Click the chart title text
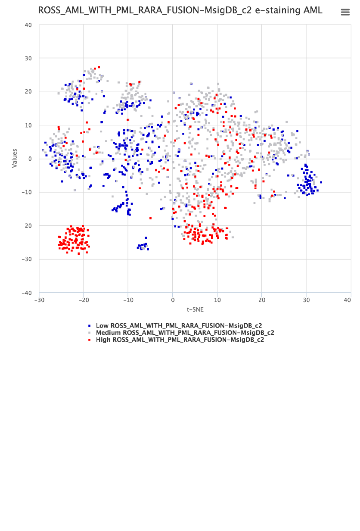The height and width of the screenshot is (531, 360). click(180, 11)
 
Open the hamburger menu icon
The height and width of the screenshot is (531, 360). click(345, 12)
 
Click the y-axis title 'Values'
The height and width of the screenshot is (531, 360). click(15, 158)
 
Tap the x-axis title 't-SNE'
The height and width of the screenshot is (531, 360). click(195, 309)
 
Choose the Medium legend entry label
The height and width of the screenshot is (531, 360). click(185, 333)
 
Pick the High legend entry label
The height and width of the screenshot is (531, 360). click(180, 340)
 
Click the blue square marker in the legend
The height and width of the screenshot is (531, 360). click(89, 326)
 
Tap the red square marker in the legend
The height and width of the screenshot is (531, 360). click(89, 340)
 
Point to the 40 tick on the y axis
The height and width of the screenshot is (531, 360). click(28, 25)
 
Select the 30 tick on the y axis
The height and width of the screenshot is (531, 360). click(28, 58)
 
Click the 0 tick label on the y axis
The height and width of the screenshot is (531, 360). click(30, 159)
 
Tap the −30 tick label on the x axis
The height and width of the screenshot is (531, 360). click(39, 300)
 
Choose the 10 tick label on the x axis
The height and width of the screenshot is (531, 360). click(217, 300)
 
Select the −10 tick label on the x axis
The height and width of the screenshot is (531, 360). click(128, 300)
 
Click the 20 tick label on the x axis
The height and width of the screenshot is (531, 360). click(262, 300)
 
